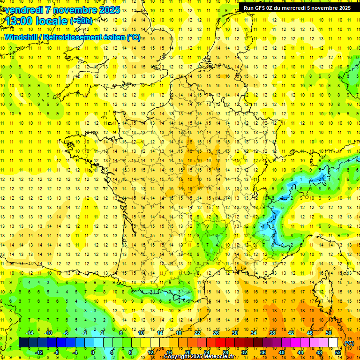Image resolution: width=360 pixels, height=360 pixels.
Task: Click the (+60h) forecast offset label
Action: [x=81, y=21]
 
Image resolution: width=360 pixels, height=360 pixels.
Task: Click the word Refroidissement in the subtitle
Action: [x=73, y=37]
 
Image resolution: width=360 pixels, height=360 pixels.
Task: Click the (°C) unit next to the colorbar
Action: [x=349, y=343]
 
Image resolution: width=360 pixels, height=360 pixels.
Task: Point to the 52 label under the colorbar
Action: [x=338, y=352]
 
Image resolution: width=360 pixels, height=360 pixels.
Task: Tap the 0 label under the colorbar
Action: [x=93, y=352]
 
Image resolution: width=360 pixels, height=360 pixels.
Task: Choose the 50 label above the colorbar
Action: [x=329, y=333]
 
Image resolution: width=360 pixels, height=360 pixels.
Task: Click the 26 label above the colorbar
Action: [x=216, y=333]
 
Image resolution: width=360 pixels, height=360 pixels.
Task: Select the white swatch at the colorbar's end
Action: [x=333, y=343]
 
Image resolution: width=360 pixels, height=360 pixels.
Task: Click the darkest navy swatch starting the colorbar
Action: [x=23, y=343]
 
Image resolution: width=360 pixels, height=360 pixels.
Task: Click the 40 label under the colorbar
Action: [x=282, y=352]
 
